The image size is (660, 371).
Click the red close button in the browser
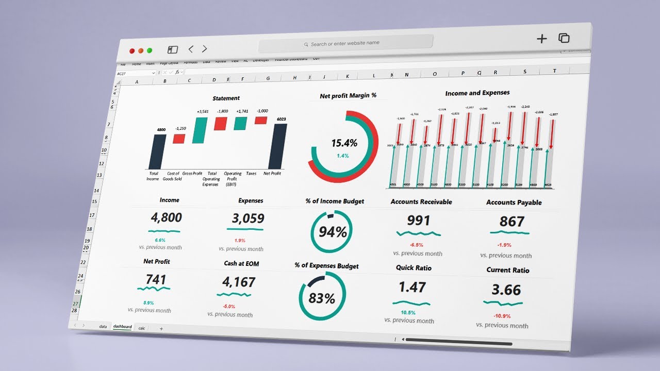[x=132, y=50]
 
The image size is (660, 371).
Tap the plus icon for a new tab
[x=541, y=39]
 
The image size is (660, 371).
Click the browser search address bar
[x=345, y=44]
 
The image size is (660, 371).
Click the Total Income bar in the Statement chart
[x=157, y=152]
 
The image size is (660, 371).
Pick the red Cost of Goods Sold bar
[x=179, y=139]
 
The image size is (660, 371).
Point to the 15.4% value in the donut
[x=344, y=143]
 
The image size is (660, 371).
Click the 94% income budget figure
[x=333, y=232]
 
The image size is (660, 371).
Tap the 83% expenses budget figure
[x=322, y=297]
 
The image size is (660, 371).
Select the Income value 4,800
[x=165, y=217]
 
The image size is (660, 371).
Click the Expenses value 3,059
[x=247, y=218]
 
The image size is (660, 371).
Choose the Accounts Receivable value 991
[x=418, y=221]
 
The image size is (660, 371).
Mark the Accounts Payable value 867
[x=511, y=222]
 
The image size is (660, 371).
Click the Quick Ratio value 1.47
[x=412, y=288]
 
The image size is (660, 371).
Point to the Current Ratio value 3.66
[x=506, y=290]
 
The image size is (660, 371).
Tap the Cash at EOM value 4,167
[x=239, y=282]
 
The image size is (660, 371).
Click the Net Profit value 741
[x=156, y=280]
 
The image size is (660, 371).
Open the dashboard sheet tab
[x=122, y=327]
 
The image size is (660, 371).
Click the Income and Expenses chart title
[x=477, y=93]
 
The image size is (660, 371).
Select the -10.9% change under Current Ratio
[x=502, y=315]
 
